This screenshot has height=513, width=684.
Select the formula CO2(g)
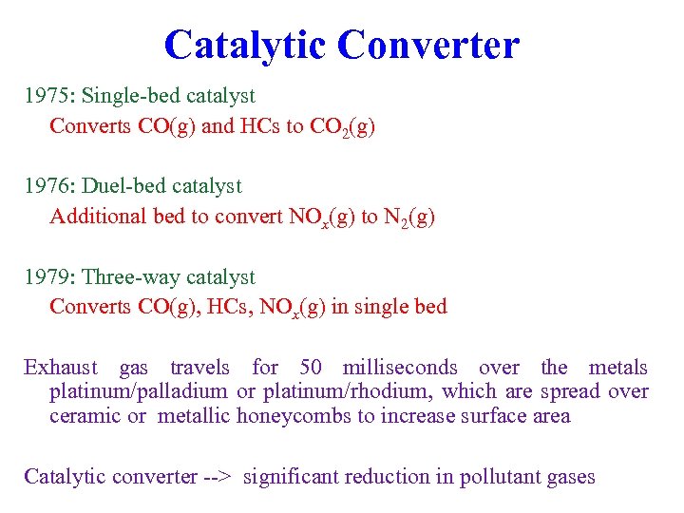tap(343, 126)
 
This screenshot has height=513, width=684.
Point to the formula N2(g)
tap(409, 218)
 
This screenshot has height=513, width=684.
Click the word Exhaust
tap(61, 368)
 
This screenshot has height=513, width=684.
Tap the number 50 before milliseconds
tap(311, 368)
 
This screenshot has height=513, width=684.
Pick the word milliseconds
tap(400, 368)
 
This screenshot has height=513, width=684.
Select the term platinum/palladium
tap(139, 391)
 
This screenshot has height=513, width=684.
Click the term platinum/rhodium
tap(325, 391)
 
